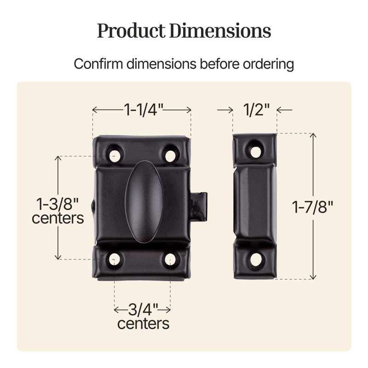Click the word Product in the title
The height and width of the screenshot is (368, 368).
pos(131,31)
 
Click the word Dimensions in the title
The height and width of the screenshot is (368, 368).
pos(220,31)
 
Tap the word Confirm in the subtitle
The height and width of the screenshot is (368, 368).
pos(98,63)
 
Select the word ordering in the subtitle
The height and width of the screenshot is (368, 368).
pos(268,64)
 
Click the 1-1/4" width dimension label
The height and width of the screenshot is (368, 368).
pos(144,109)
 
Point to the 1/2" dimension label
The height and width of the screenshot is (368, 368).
pos(256,109)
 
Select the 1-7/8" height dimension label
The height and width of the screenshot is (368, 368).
pos(312,207)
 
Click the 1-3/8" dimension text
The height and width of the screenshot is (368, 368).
pos(57,204)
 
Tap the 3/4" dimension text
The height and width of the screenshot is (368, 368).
pos(143,310)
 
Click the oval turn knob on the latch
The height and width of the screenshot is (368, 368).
pos(144,201)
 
